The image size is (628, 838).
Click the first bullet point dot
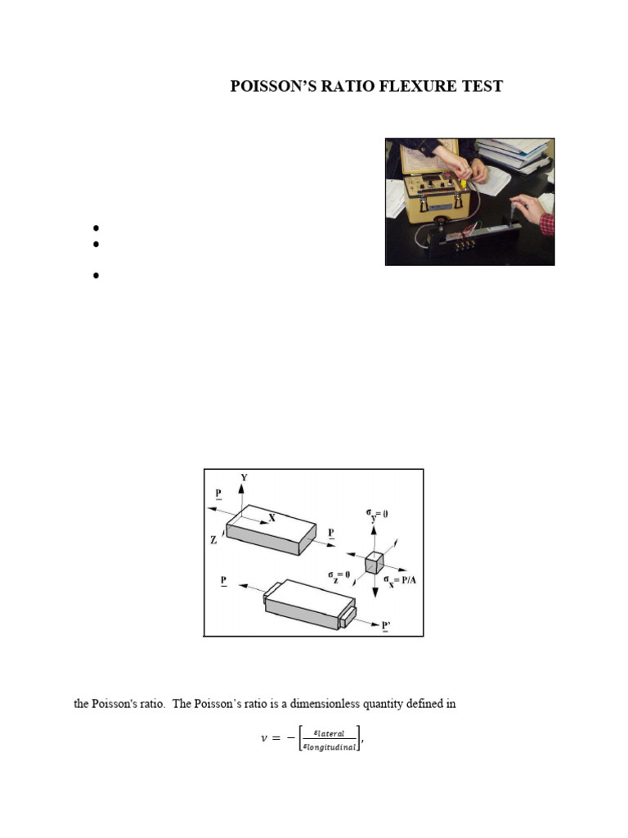[96, 228]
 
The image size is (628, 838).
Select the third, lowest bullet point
[96, 277]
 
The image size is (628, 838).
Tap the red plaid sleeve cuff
[547, 224]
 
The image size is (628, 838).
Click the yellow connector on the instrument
[462, 184]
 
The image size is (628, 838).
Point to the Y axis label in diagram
[244, 475]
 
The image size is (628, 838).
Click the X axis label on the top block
[271, 518]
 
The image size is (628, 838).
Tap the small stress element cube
[375, 562]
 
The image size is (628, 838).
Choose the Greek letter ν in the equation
[263, 739]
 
